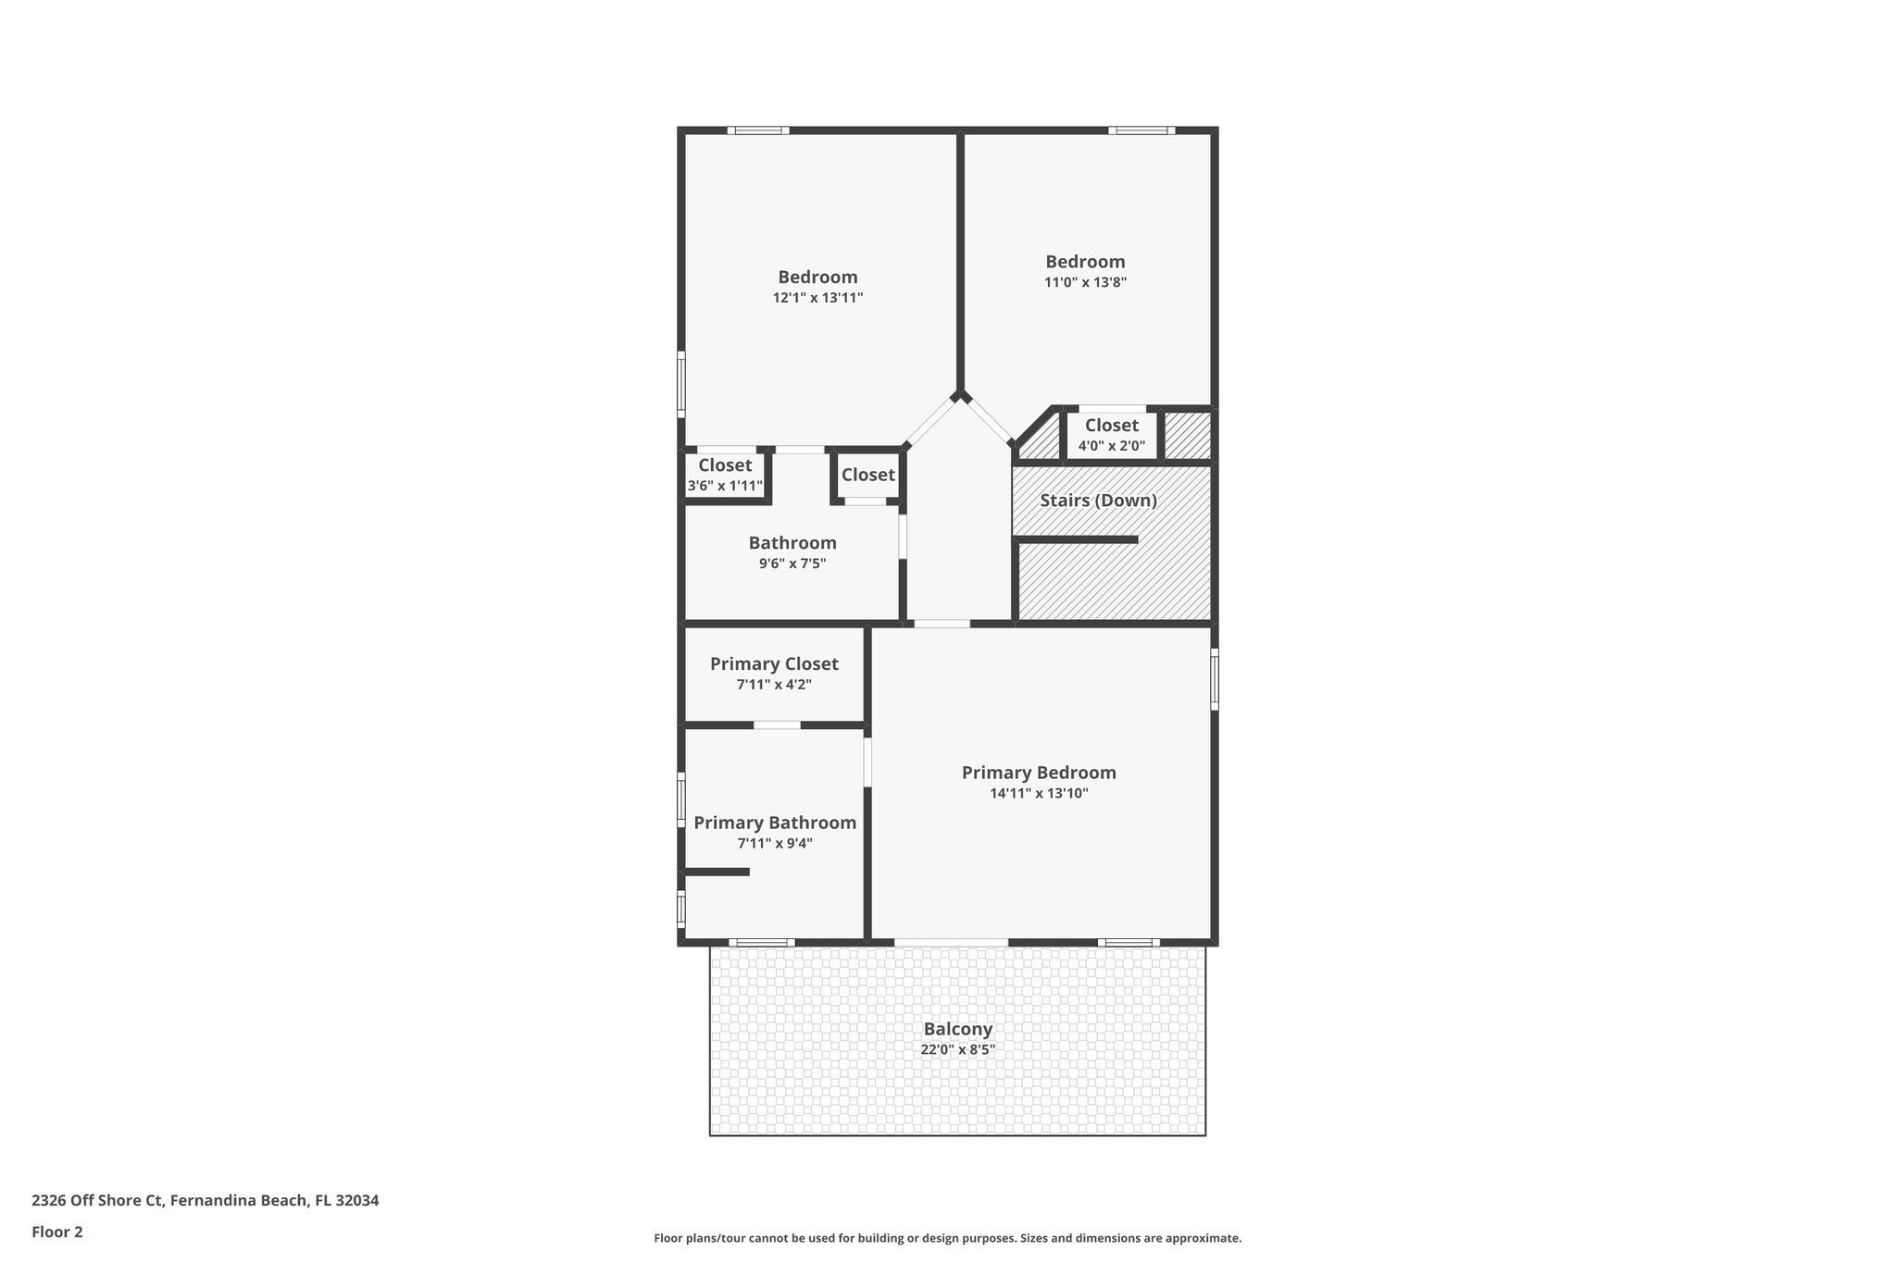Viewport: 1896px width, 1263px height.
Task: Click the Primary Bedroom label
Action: tap(1039, 773)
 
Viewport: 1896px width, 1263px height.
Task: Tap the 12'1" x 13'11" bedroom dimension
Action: tap(817, 298)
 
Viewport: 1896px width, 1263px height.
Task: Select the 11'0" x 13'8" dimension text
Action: tap(1085, 282)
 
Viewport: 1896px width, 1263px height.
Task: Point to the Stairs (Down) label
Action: tap(1098, 501)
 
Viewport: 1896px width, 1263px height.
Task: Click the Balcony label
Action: tap(957, 1029)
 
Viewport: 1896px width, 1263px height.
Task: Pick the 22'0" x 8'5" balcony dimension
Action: tap(957, 1050)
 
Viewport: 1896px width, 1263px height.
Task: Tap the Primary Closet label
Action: tap(774, 664)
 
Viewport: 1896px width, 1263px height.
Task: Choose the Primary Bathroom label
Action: tap(775, 823)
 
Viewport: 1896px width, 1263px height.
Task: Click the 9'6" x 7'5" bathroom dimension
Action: tap(792, 563)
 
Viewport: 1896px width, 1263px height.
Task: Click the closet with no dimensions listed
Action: tap(867, 475)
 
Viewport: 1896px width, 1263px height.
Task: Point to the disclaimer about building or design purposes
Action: tap(947, 1238)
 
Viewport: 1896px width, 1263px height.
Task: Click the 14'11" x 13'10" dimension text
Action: tap(1039, 794)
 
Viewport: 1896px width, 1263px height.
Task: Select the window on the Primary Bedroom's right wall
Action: tap(1215, 679)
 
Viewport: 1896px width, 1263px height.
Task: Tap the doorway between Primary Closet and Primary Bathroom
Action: tap(777, 725)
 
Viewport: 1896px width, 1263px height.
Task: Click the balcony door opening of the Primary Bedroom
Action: tap(951, 943)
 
